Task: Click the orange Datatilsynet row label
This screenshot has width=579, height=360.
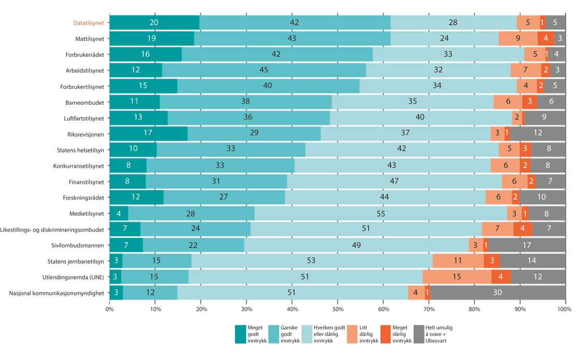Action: [x=88, y=23]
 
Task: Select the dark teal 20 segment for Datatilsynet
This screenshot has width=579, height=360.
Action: [x=154, y=23]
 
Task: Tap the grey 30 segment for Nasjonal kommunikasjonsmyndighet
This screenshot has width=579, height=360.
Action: [x=497, y=292]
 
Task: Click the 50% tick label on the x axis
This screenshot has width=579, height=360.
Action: [x=337, y=309]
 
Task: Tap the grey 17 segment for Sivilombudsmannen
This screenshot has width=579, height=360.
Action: [x=527, y=245]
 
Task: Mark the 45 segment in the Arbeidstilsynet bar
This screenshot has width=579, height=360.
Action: [x=264, y=70]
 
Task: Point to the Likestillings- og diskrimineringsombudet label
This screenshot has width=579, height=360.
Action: [x=53, y=229]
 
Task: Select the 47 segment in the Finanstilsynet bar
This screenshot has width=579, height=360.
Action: [x=394, y=181]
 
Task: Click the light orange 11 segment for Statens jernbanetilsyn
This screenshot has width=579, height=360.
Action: [x=458, y=261]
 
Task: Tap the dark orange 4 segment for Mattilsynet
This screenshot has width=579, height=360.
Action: [x=546, y=39]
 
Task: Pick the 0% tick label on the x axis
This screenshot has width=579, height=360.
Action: [x=110, y=309]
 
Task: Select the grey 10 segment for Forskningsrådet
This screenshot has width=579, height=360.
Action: [x=542, y=197]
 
